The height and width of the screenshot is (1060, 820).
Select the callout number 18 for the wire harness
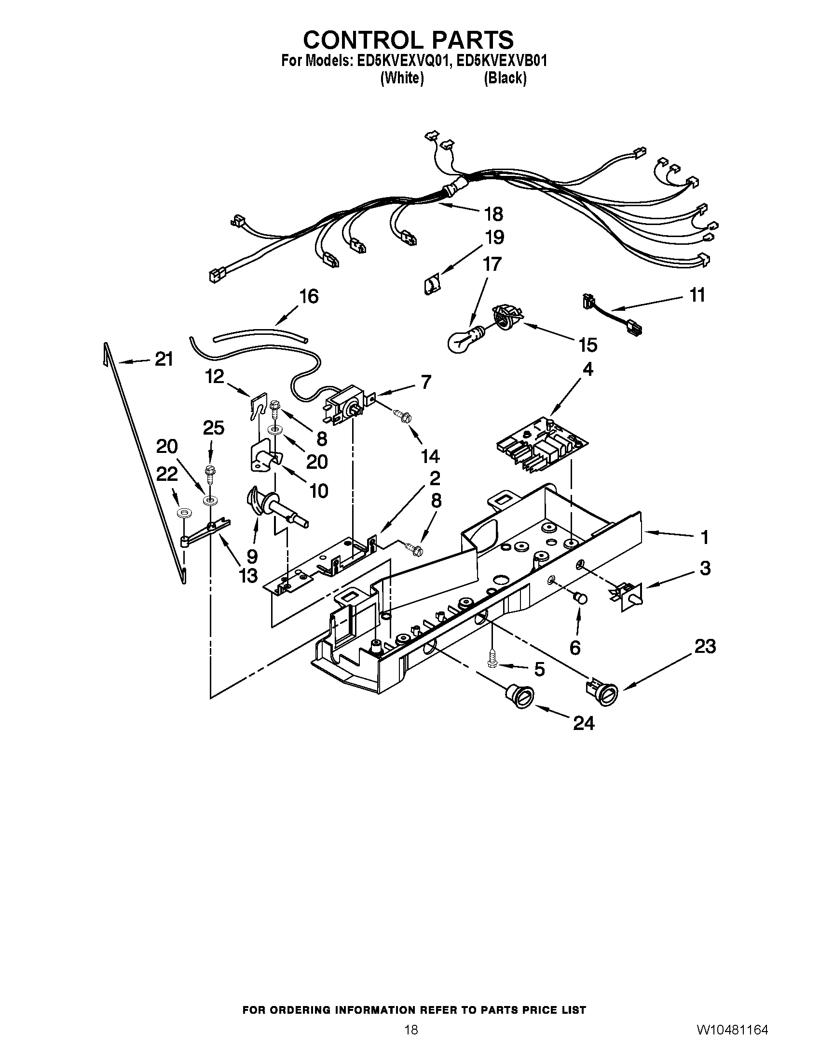pyautogui.click(x=493, y=213)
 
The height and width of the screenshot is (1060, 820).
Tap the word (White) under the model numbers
pyautogui.click(x=402, y=78)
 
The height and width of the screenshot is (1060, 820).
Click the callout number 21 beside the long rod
pyautogui.click(x=164, y=359)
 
